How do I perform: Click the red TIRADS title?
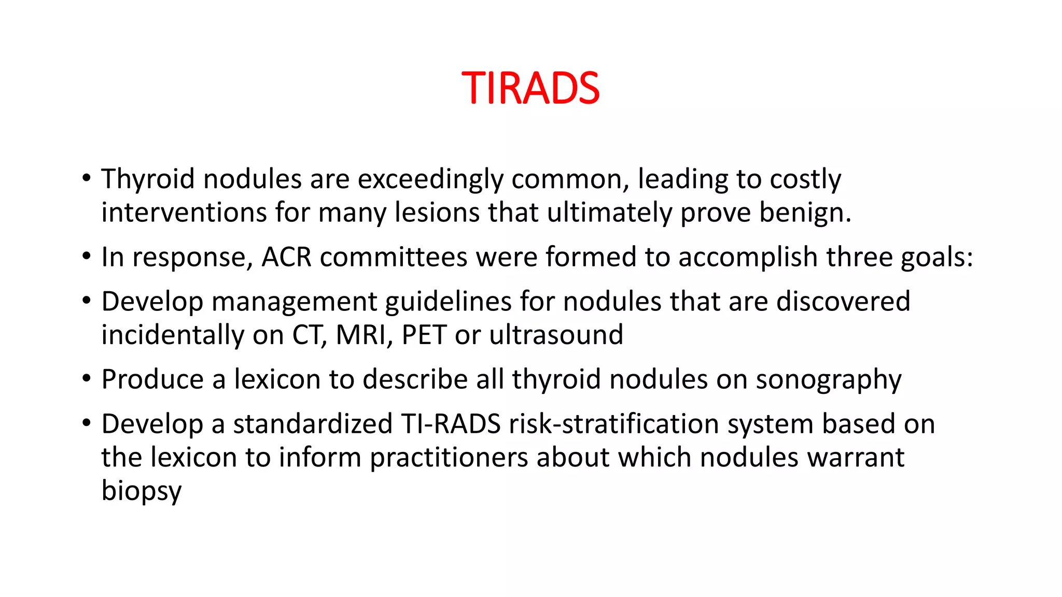[x=530, y=88]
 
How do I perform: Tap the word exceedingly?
[x=430, y=179]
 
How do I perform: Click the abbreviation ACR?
[x=286, y=257]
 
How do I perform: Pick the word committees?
[x=394, y=257]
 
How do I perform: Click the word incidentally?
[x=173, y=335]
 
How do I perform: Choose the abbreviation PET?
[x=424, y=335]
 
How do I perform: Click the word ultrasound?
[x=556, y=335]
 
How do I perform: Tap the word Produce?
[x=152, y=379]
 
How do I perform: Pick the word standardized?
[x=313, y=424]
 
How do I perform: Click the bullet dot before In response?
[x=87, y=257]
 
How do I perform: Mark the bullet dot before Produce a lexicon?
[x=87, y=379]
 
